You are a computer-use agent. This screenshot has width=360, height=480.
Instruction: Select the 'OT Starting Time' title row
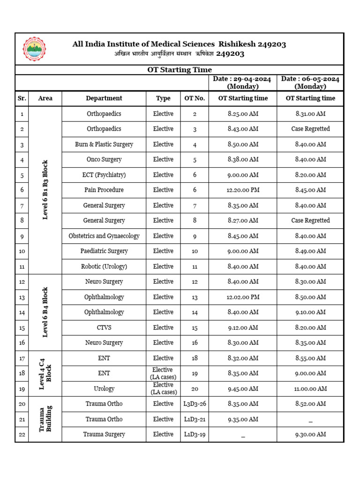[x=180, y=70]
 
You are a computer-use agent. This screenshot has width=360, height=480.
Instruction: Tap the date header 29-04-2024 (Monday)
[x=242, y=83]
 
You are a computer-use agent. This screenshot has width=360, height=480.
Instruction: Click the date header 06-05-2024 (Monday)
[x=310, y=83]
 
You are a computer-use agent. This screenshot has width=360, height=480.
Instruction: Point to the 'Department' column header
[x=104, y=98]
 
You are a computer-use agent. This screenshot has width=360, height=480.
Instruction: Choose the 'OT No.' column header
[x=195, y=98]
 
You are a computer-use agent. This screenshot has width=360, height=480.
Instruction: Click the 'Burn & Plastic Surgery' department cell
[x=104, y=144]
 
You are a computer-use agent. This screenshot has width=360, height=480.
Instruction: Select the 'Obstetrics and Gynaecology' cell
[x=104, y=236]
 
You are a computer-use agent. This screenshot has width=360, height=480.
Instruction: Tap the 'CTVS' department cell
[x=104, y=328]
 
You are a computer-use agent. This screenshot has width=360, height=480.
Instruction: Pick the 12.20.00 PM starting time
[x=242, y=190]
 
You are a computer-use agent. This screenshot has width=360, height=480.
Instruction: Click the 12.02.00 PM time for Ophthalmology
[x=242, y=297]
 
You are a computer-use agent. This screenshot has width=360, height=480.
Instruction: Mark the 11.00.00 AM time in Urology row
[x=310, y=389]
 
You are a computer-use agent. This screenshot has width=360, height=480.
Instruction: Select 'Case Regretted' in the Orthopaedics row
[x=310, y=129]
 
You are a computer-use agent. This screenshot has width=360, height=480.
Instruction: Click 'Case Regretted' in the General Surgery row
[x=310, y=221]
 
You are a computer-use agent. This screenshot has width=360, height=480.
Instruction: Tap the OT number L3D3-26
[x=195, y=404]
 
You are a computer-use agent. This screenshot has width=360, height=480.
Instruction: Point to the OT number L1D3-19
[x=195, y=435]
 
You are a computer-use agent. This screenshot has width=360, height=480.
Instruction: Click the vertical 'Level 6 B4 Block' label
[x=45, y=313]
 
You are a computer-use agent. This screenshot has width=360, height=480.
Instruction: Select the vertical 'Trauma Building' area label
[x=45, y=420]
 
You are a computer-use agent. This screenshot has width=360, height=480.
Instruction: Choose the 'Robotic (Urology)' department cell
[x=104, y=267]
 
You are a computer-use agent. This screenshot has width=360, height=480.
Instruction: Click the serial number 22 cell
[x=22, y=435]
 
